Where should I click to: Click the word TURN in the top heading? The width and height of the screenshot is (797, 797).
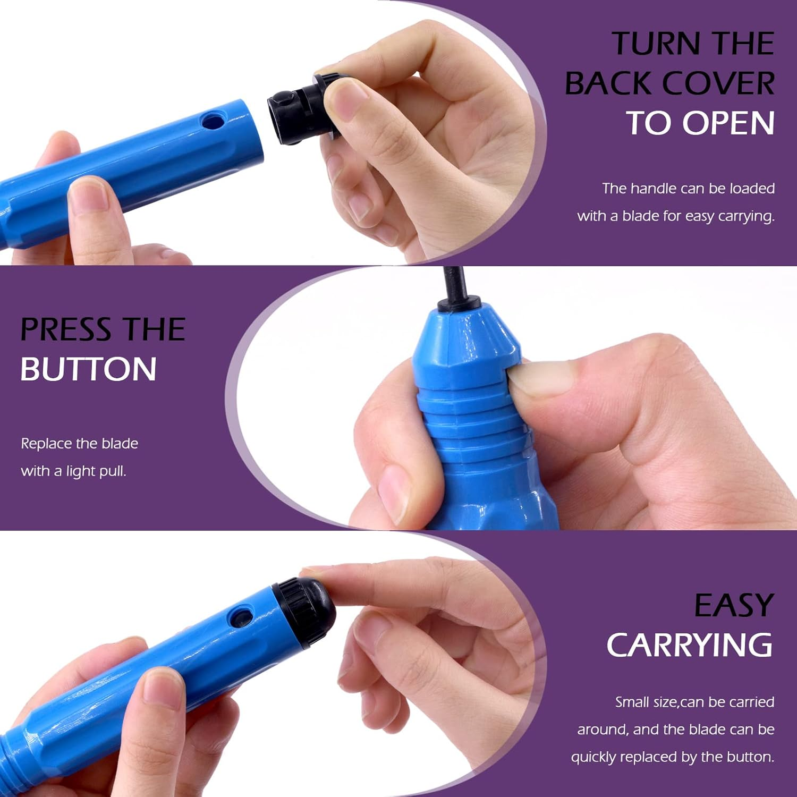657,43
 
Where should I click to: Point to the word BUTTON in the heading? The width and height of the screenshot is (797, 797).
89,369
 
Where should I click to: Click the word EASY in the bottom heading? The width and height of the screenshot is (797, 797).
734,605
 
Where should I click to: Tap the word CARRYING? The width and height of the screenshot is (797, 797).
690,645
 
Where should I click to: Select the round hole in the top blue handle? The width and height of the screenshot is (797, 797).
214,121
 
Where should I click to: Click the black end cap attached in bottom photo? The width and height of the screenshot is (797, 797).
304,613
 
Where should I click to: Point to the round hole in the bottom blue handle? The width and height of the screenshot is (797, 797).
240,617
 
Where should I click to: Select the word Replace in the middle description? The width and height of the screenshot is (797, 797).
46,444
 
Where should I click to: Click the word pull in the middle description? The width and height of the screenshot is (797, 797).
113,472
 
